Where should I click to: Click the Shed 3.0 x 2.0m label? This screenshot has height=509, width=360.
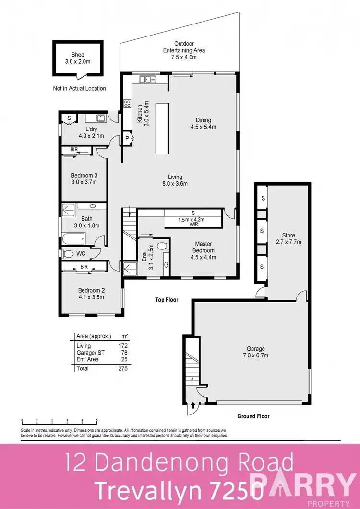coord(77,59)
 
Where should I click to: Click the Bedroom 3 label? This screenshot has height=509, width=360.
coord(84,178)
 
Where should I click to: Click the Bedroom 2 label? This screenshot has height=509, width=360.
coord(91,294)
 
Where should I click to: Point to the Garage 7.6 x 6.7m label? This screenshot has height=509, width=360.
coord(253,352)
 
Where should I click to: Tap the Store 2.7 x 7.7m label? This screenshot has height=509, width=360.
coord(288,238)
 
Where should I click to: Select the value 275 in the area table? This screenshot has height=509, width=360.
coord(121,368)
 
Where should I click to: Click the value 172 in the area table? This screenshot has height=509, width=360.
coord(122,346)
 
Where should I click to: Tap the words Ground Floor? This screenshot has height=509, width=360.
coord(253,416)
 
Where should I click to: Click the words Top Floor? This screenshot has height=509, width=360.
coord(166,300)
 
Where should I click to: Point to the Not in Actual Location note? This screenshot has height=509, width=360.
coord(80,88)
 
